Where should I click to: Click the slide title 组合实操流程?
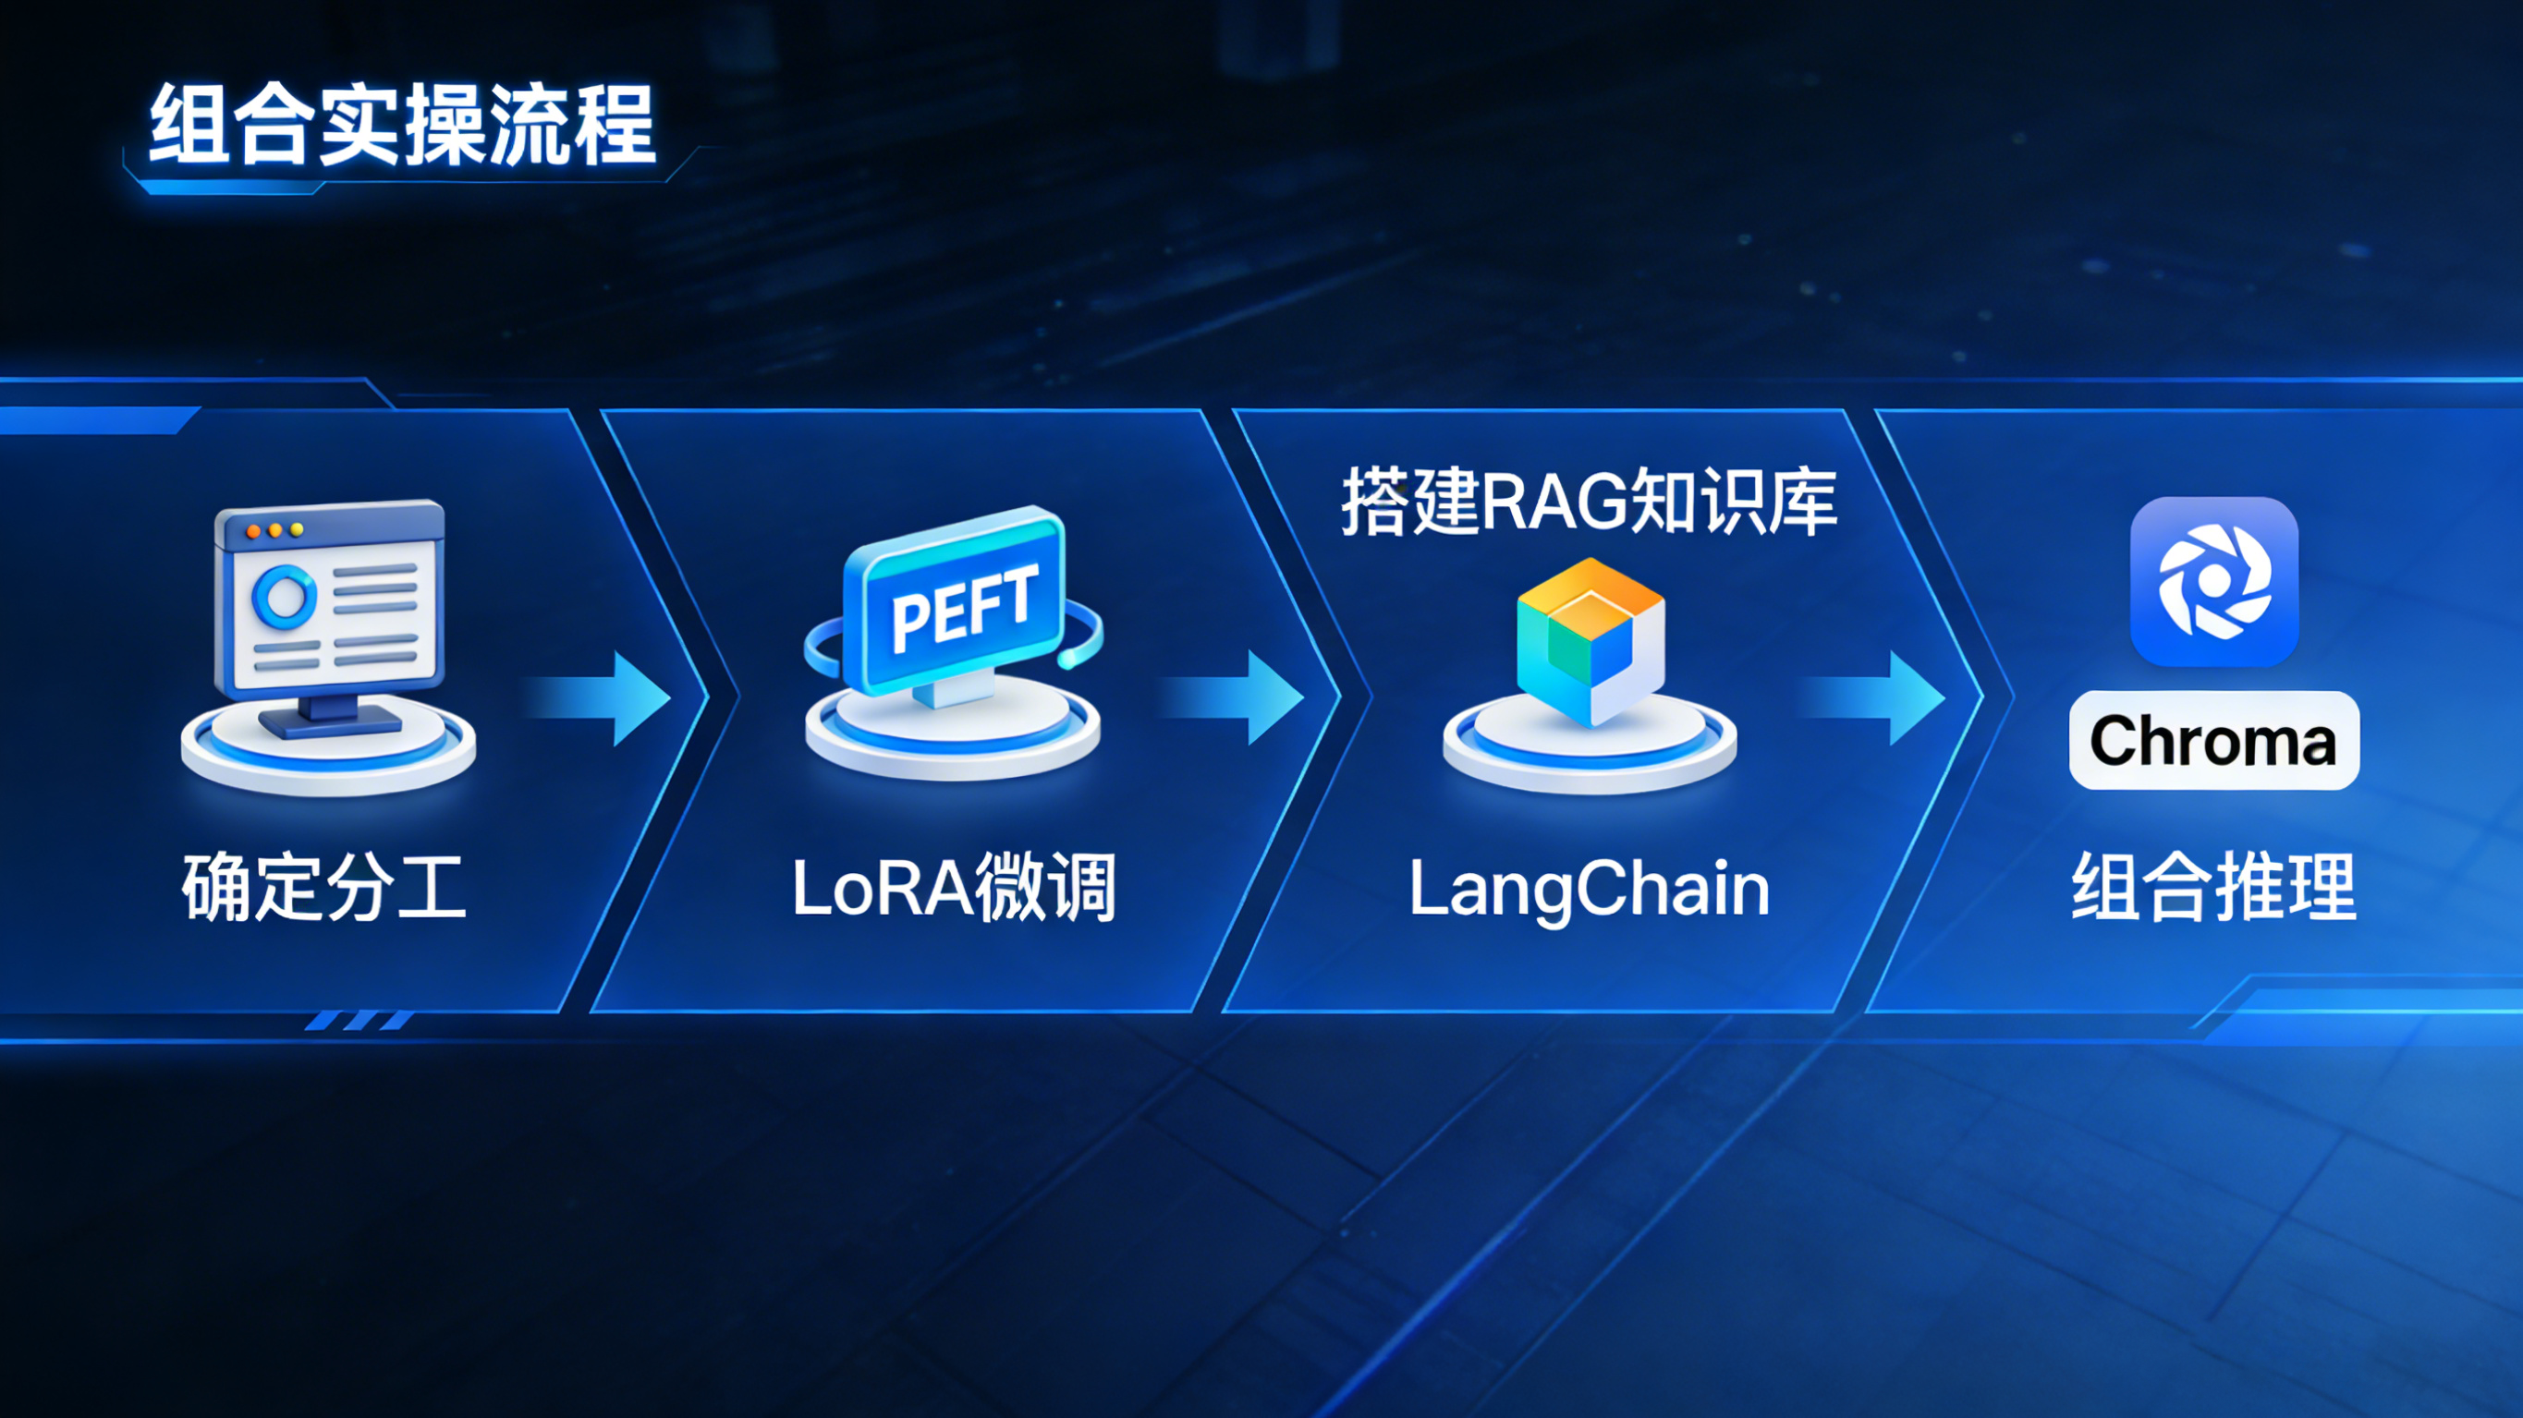click(x=402, y=126)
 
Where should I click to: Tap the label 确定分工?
click(x=324, y=887)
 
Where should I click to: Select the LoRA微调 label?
click(x=954, y=887)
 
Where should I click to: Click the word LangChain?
click(x=1589, y=890)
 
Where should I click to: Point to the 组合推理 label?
click(x=2213, y=887)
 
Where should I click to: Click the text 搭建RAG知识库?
click(x=1589, y=502)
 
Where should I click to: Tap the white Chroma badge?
click(x=2213, y=740)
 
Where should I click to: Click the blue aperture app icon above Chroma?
click(x=2213, y=582)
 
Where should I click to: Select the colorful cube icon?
click(x=1591, y=642)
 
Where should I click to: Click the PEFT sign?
click(x=956, y=603)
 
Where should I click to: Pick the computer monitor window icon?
click(x=329, y=617)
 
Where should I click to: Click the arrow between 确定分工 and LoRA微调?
click(x=597, y=699)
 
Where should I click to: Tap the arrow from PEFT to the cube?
click(x=1230, y=699)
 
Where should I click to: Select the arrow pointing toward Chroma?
click(x=1872, y=699)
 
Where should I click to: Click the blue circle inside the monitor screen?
click(x=284, y=596)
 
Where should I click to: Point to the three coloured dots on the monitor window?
click(x=275, y=530)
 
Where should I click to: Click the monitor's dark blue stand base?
click(x=330, y=722)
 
